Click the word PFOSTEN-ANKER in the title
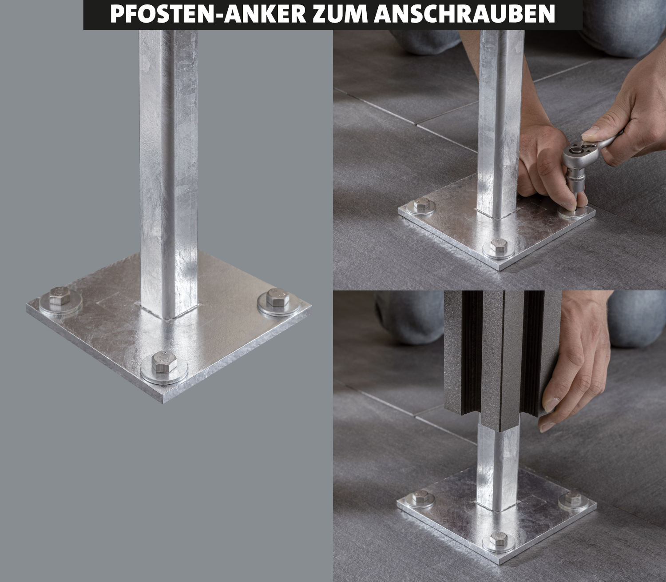pyautogui.click(x=208, y=14)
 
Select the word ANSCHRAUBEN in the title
pyautogui.click(x=465, y=14)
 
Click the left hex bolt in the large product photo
pyautogui.click(x=60, y=295)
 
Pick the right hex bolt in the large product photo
pyautogui.click(x=277, y=297)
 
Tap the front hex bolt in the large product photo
pyautogui.click(x=164, y=362)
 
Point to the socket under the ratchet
pyautogui.click(x=577, y=181)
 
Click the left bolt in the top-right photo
pyautogui.click(x=421, y=203)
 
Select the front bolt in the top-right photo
pyautogui.click(x=498, y=245)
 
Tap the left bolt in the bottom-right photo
pyautogui.click(x=420, y=496)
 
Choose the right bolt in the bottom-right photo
pyautogui.click(x=573, y=498)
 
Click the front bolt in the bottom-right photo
pyautogui.click(x=498, y=538)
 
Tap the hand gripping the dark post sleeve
pyautogui.click(x=576, y=362)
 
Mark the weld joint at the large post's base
pyautogui.click(x=169, y=313)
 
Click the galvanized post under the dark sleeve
pyautogui.click(x=498, y=469)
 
